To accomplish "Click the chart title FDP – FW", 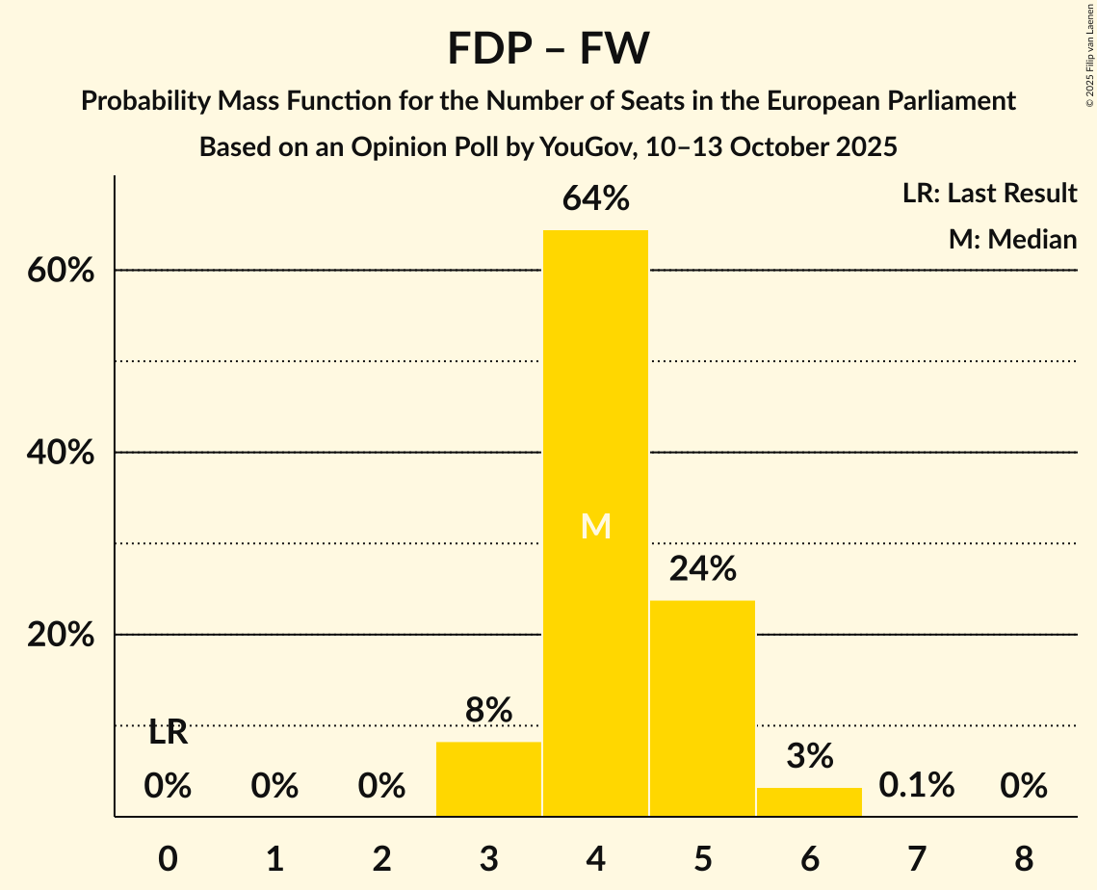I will pyautogui.click(x=548, y=48).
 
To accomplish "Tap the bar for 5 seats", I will pyautogui.click(x=702, y=708).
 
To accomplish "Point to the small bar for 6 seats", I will pyautogui.click(x=809, y=801).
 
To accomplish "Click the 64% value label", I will pyautogui.click(x=595, y=199).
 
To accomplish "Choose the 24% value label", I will pyautogui.click(x=702, y=569).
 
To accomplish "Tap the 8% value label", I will pyautogui.click(x=488, y=711).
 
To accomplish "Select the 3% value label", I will pyautogui.click(x=809, y=757).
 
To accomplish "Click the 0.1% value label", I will pyautogui.click(x=916, y=786).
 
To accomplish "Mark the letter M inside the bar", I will pyautogui.click(x=596, y=526).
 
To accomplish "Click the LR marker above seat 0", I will pyautogui.click(x=168, y=734).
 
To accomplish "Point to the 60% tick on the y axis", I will pyautogui.click(x=61, y=271).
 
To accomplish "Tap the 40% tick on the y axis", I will pyautogui.click(x=61, y=453).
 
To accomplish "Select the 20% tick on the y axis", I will pyautogui.click(x=61, y=636).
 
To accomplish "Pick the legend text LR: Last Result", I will pyautogui.click(x=989, y=194).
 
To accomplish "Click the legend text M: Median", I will pyautogui.click(x=1012, y=239).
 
